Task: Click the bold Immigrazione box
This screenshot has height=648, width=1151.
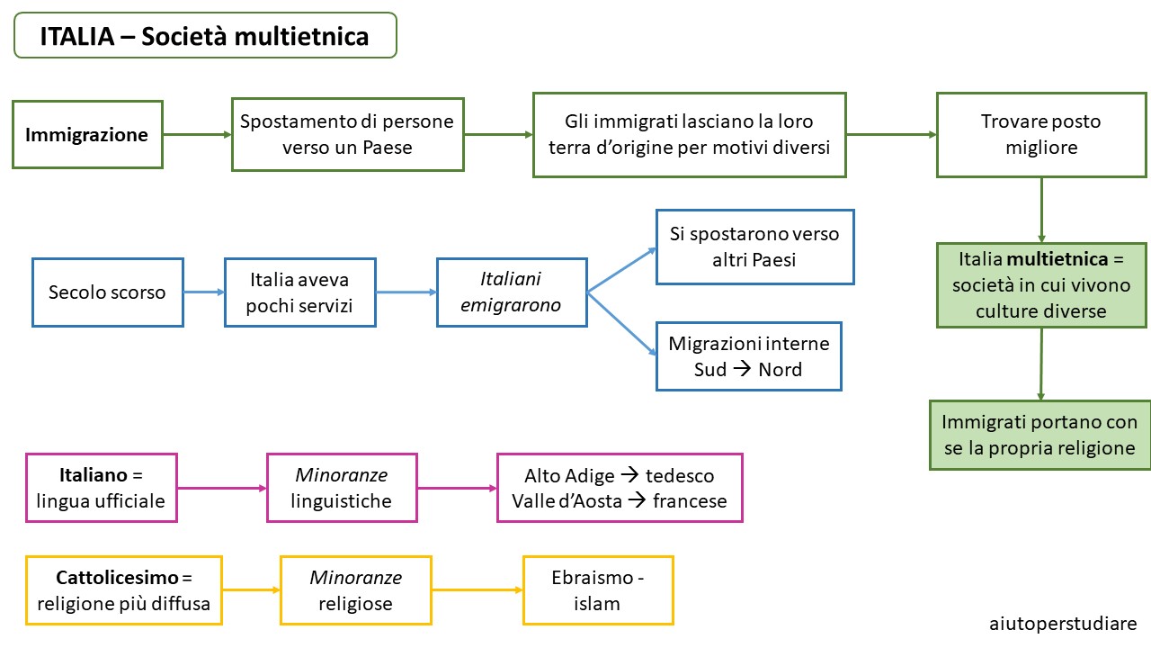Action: coord(87,134)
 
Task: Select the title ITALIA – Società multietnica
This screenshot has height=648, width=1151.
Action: coord(205,35)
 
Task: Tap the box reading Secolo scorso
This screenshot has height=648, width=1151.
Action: coord(107,292)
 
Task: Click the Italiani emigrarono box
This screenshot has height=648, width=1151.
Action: coord(512,292)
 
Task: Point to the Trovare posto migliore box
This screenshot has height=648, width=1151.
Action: coord(1041,135)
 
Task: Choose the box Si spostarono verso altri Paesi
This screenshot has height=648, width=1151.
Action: coord(754,247)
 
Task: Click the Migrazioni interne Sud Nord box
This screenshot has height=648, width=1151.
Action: coord(749,356)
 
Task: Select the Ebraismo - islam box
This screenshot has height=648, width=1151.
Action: coord(598,590)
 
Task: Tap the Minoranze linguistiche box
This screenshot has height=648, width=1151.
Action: coord(342,488)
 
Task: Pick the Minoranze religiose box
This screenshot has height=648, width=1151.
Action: coord(355,590)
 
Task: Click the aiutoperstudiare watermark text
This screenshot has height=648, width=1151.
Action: coord(1063,624)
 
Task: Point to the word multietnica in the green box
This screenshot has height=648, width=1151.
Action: coord(1057,259)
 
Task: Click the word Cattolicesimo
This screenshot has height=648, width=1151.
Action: coord(117,578)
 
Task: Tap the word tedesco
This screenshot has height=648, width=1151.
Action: coord(680,476)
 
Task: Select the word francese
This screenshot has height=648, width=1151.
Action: coord(690,501)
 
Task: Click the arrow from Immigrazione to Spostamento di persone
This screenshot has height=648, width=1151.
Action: coord(197,135)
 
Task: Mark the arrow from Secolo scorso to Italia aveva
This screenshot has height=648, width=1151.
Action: coord(204,292)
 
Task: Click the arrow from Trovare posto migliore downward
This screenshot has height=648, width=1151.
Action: coord(1041,210)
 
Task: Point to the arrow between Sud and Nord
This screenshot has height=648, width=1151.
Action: coord(742,368)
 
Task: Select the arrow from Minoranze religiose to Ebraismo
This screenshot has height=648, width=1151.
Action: coord(477,589)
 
